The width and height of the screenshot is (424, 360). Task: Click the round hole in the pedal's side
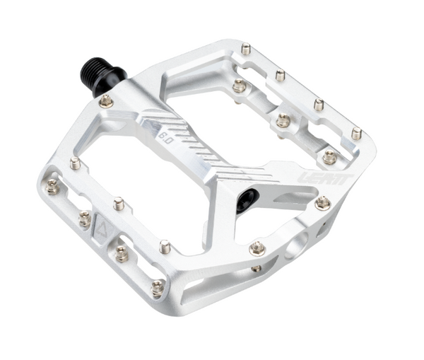tap(298, 245)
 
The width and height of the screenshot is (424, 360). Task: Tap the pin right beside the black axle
tap(106, 101)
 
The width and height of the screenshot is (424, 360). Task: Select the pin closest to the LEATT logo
tap(323, 204)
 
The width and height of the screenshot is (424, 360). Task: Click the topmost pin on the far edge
tap(247, 50)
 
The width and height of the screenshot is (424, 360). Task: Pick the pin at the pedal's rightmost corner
tap(356, 133)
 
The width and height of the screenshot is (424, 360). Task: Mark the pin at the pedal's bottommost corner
tap(157, 286)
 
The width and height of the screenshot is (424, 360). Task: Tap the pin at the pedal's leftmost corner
tap(52, 186)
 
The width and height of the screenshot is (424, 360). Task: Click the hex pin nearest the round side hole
tap(258, 248)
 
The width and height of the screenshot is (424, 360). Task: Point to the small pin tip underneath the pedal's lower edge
tap(257, 268)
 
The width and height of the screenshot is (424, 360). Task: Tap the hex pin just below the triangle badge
tap(122, 253)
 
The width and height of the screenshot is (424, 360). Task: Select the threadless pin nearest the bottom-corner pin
tap(165, 247)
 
